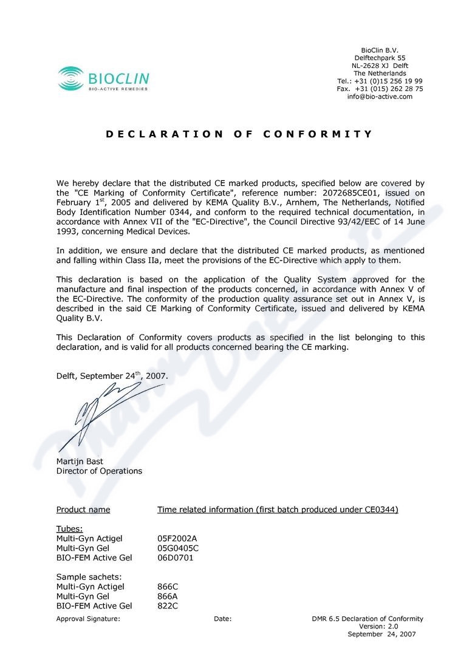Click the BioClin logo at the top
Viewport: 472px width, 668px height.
tap(103, 80)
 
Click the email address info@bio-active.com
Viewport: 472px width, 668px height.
tap(380, 97)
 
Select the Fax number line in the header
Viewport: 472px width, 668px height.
tap(380, 89)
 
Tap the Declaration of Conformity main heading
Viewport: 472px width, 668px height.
tap(239, 134)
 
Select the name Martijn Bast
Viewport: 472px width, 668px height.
tap(80, 462)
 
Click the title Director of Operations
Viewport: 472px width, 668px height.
tap(99, 471)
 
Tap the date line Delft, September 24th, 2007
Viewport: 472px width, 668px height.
tap(111, 376)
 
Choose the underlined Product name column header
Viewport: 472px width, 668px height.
tap(83, 510)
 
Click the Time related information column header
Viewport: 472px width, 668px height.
tap(278, 510)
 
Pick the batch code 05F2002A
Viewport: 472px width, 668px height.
tap(177, 538)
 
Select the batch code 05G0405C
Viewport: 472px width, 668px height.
tap(178, 548)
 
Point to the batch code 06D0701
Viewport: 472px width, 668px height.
tap(175, 557)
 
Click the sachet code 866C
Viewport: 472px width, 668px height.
tap(167, 587)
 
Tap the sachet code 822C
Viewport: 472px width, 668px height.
tap(167, 605)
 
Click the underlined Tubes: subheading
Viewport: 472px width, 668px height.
tap(69, 528)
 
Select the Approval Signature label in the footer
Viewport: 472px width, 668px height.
tap(88, 619)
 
